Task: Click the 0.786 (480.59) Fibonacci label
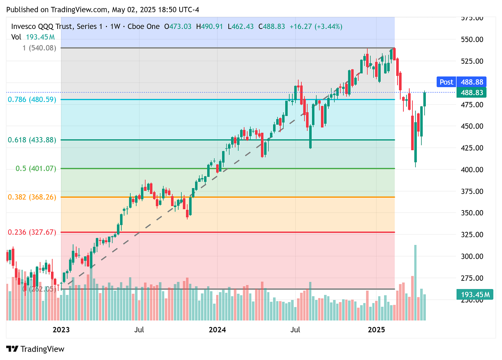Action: [32, 100]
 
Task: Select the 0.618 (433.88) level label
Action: [32, 140]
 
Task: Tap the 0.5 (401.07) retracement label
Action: [36, 169]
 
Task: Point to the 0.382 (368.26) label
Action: [32, 197]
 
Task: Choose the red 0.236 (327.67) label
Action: [32, 232]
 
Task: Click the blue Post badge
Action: [446, 82]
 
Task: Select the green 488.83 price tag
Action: [471, 92]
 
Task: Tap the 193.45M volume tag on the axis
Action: [475, 295]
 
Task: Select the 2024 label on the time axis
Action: [218, 330]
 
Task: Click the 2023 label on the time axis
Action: [61, 330]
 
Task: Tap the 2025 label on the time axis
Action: [376, 330]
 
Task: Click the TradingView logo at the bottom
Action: [36, 349]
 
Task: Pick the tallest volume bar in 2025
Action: [415, 282]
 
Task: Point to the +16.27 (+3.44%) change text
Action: [316, 27]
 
